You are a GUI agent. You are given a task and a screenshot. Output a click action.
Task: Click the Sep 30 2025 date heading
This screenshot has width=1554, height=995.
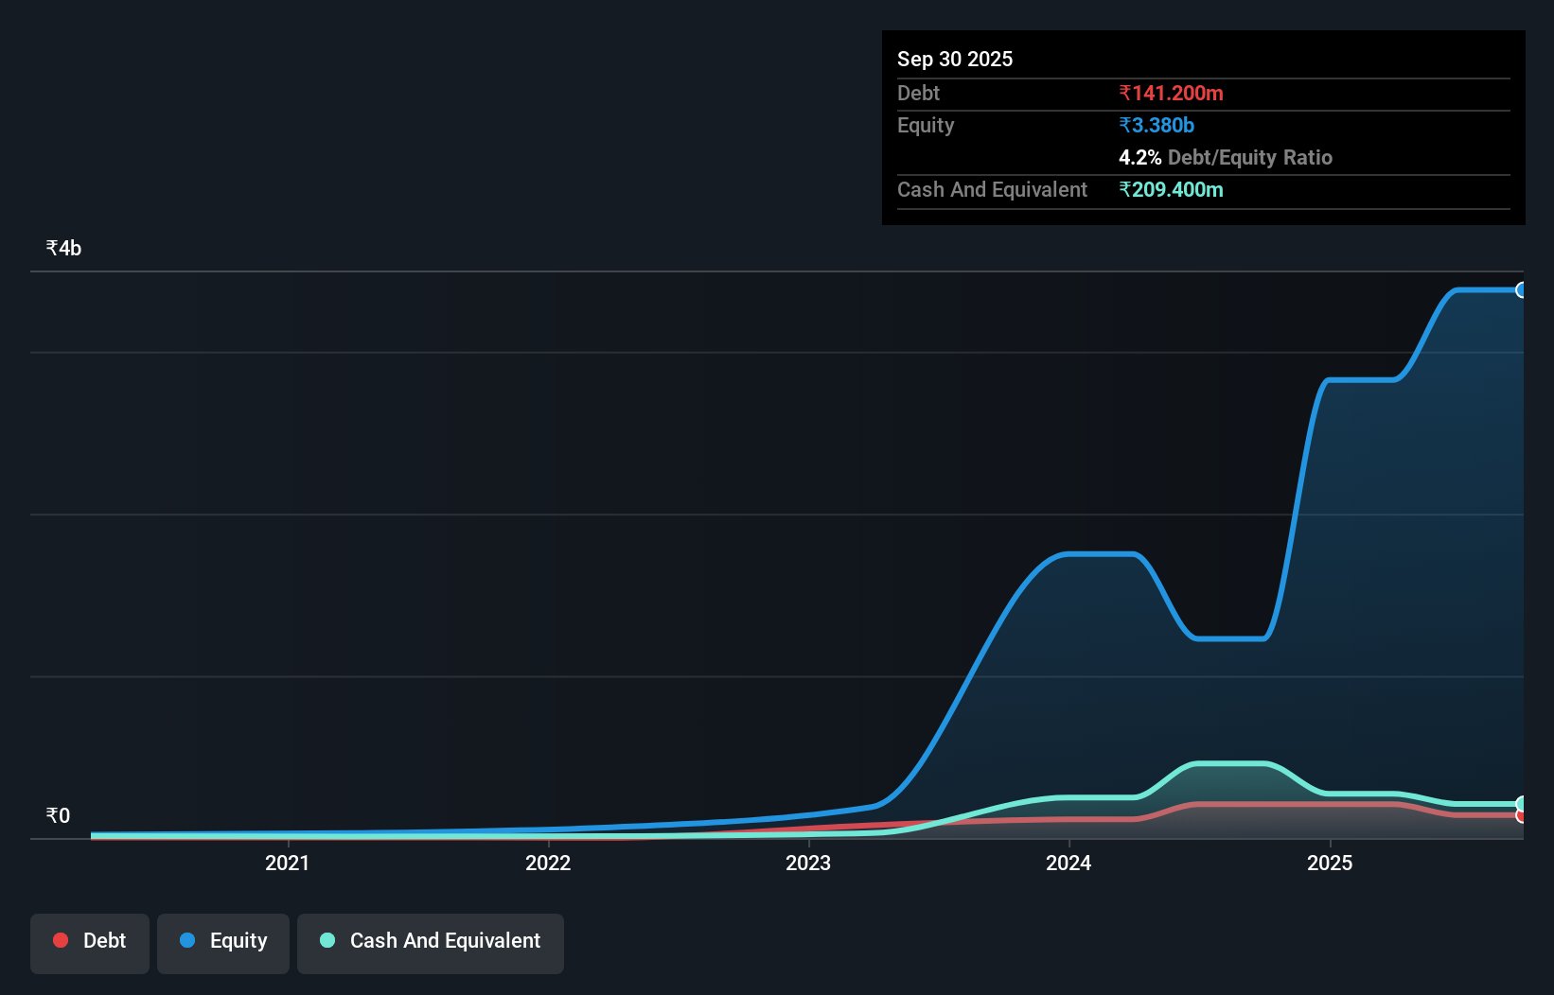(954, 59)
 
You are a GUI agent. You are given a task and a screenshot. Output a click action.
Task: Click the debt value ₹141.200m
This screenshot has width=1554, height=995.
(1171, 93)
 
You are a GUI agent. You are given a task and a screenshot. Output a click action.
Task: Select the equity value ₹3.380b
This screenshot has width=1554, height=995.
(1156, 125)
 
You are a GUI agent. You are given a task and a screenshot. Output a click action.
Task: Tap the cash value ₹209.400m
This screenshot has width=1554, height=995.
(1171, 189)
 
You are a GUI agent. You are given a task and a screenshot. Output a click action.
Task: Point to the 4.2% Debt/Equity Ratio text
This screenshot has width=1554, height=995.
(1225, 157)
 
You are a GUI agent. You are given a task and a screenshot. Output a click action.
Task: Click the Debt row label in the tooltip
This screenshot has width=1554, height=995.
(918, 93)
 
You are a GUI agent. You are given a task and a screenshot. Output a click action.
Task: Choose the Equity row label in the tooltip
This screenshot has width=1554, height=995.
(925, 125)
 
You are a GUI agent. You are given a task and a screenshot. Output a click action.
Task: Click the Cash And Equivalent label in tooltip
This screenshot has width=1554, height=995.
(992, 189)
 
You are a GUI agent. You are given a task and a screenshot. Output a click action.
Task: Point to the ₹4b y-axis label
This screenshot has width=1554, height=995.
(63, 248)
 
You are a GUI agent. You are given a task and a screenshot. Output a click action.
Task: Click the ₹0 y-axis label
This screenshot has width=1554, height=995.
(58, 815)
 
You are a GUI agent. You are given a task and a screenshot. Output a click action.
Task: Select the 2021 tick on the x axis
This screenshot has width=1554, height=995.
(287, 863)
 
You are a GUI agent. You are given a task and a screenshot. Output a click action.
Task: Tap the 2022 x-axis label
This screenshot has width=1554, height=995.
(548, 863)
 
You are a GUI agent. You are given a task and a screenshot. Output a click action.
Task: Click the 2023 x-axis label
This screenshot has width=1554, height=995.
(808, 863)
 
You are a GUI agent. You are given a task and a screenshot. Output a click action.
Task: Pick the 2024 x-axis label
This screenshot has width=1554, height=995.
(1068, 863)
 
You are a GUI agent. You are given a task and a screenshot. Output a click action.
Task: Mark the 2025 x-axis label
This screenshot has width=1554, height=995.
(1330, 863)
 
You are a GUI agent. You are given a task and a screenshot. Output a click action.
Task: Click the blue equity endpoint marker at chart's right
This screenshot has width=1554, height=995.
(1521, 290)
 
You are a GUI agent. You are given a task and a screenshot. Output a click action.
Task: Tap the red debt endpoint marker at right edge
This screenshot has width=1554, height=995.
(1521, 815)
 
